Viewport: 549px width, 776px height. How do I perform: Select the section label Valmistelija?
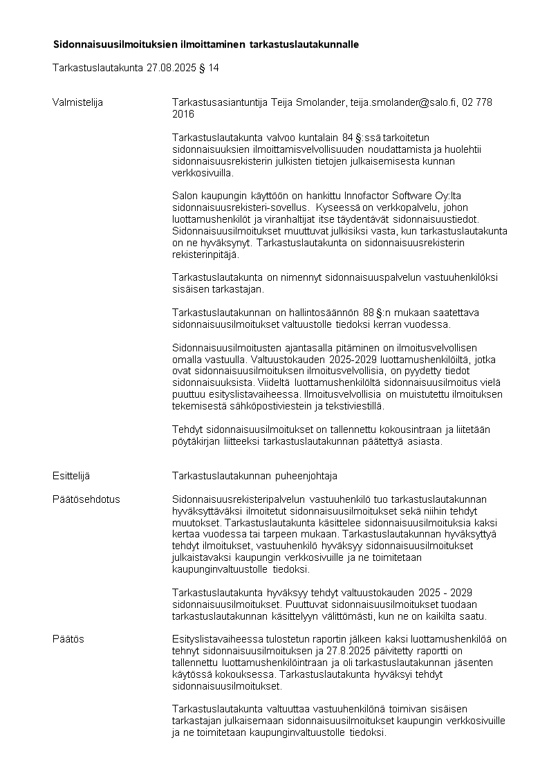tap(77, 102)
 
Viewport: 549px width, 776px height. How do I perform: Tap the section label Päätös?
tap(68, 639)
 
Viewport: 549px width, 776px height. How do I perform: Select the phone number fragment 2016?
tap(183, 114)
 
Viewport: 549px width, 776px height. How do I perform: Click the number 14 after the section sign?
tap(214, 68)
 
